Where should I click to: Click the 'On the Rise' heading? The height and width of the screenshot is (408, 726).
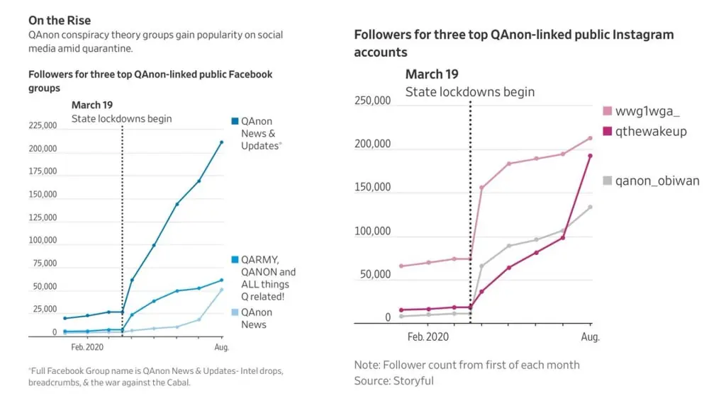60,21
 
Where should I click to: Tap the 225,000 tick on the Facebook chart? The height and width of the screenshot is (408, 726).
43,126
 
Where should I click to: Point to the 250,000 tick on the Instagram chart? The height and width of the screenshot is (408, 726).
372,101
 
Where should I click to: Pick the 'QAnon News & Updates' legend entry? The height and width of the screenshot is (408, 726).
257,133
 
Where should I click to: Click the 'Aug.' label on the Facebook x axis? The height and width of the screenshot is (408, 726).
221,348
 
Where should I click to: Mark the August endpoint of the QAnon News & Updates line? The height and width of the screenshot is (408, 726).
221,142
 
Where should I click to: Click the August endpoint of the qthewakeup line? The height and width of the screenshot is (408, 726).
590,156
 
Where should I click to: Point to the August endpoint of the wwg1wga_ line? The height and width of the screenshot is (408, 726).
590,138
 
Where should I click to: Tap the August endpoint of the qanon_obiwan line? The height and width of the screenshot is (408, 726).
590,207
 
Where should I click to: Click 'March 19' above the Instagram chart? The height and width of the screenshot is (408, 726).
432,74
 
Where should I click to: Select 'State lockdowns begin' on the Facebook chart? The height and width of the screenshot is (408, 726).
121,118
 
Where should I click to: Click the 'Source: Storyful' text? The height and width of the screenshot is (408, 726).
394,381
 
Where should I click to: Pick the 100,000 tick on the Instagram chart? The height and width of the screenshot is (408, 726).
372,232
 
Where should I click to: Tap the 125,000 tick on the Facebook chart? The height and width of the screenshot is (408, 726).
43,218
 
